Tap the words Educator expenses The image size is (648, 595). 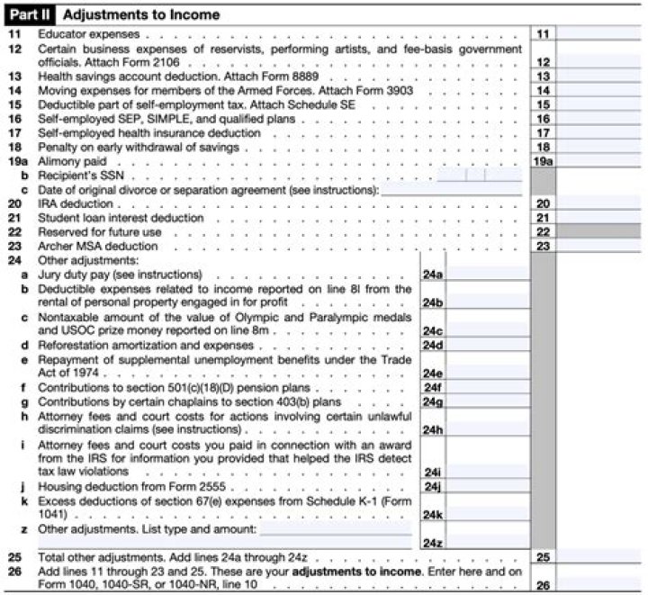75,33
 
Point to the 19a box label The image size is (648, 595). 543,160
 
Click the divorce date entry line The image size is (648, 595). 452,189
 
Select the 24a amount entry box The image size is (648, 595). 487,274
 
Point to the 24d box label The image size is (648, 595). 433,345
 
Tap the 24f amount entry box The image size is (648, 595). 487,387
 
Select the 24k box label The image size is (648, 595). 433,514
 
